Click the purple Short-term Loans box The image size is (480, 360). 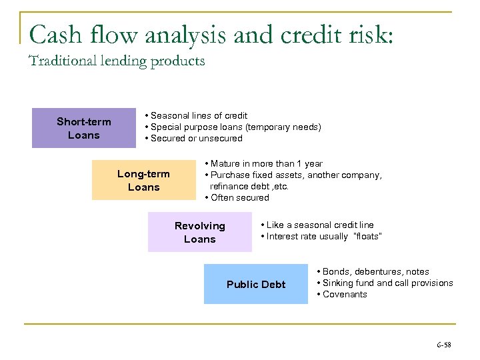pos(84,129)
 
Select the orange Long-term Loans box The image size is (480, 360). pos(143,180)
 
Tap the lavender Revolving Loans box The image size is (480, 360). pos(200,232)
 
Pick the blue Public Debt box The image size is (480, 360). pos(256,285)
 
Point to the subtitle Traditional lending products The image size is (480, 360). pos(117,62)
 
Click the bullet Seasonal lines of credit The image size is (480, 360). pos(196,115)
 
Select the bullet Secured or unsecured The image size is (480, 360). pos(193,139)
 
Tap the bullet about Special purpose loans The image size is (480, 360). pos(233,127)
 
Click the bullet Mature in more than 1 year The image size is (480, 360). pos(263,163)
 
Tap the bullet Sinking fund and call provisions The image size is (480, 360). pos(385,283)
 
